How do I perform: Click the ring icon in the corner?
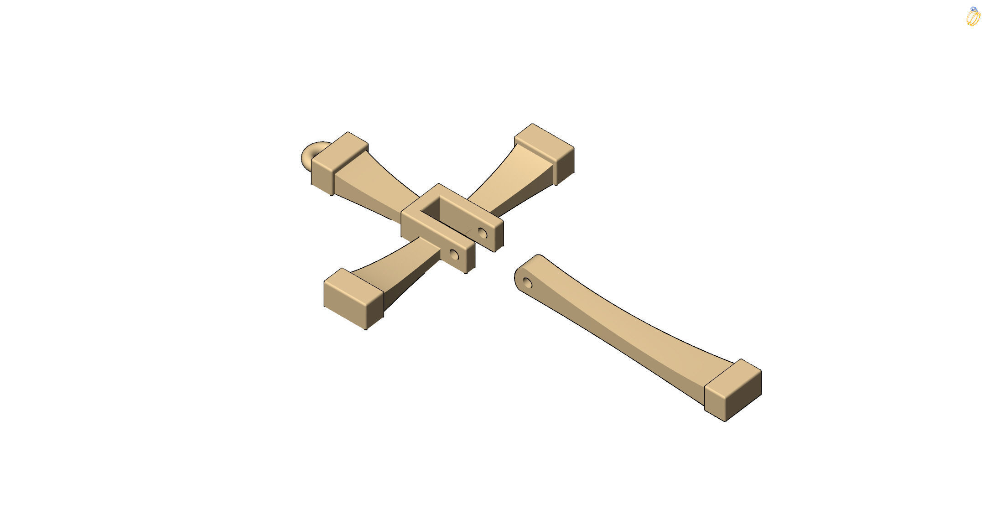[x=973, y=17]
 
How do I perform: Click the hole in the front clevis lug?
[x=454, y=255]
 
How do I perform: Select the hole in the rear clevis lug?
[x=482, y=234]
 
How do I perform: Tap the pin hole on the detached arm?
[x=527, y=283]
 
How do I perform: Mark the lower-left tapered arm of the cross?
[x=401, y=269]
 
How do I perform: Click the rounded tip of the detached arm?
[x=520, y=274]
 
